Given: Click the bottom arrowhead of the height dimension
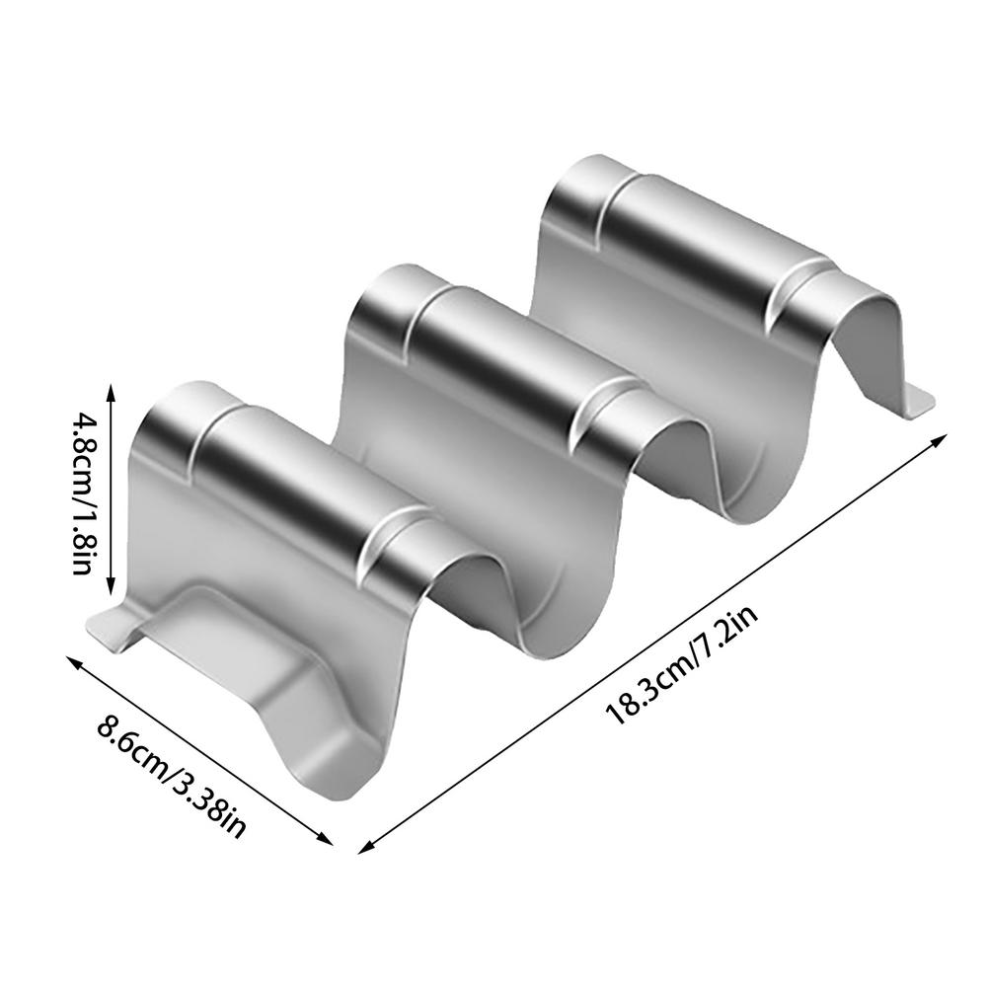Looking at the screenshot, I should click(x=112, y=593).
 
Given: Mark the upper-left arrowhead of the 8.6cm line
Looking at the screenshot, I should click(x=72, y=660).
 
